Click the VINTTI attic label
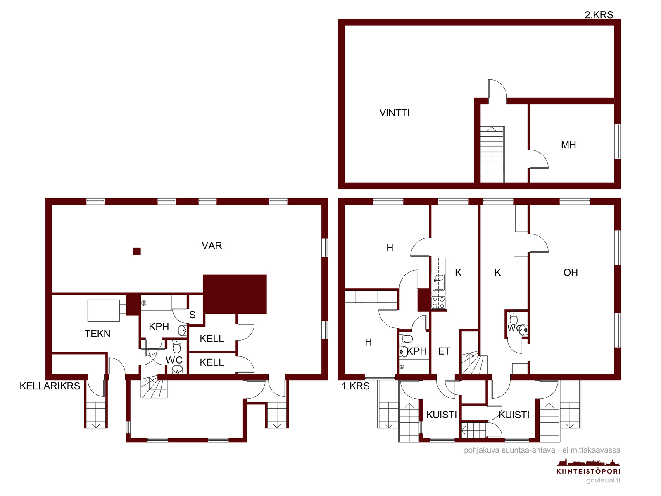(394, 112)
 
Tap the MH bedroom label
(568, 145)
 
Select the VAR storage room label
(212, 246)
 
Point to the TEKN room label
(97, 334)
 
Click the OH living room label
(571, 272)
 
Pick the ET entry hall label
(444, 351)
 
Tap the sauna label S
(192, 315)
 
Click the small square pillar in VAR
(137, 251)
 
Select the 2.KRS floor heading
(599, 15)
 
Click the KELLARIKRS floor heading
(50, 386)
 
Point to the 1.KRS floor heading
(355, 386)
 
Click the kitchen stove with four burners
(438, 303)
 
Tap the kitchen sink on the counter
(438, 282)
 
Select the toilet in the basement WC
(176, 346)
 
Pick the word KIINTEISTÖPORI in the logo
(588, 471)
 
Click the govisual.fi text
(603, 480)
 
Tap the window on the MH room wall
(617, 141)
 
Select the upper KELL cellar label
(212, 339)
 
